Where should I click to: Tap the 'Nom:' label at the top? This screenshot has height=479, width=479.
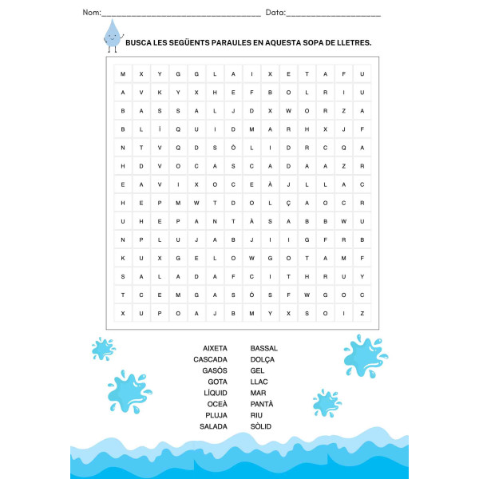92,13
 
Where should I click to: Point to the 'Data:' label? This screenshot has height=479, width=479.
275,13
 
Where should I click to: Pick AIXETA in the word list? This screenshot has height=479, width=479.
215,348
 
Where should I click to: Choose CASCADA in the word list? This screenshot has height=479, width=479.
210,359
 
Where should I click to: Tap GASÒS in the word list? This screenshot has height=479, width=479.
215,370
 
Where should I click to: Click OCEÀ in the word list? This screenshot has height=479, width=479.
216,404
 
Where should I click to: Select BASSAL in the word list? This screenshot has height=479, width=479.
264,348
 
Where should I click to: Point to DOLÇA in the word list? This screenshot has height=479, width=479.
263,359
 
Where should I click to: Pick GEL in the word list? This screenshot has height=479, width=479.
257,370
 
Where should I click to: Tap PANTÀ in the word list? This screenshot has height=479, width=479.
262,404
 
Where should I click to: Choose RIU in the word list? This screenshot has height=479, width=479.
256,415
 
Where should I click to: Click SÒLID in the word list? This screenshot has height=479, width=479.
261,426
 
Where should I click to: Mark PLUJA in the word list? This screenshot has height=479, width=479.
216,415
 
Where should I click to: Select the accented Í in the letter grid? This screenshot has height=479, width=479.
160,129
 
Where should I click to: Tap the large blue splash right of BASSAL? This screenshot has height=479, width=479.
365,355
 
